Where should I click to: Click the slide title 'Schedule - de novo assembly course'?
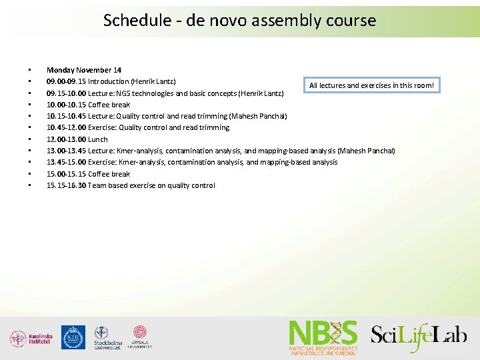[x=239, y=21]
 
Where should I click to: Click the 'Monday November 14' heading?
[x=84, y=70]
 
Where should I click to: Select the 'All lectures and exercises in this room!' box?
[x=371, y=85]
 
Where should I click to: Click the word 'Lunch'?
[x=98, y=139]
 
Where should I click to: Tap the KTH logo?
[x=73, y=337]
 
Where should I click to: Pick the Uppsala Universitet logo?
[x=140, y=337]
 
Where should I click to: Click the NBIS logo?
[x=323, y=337]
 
